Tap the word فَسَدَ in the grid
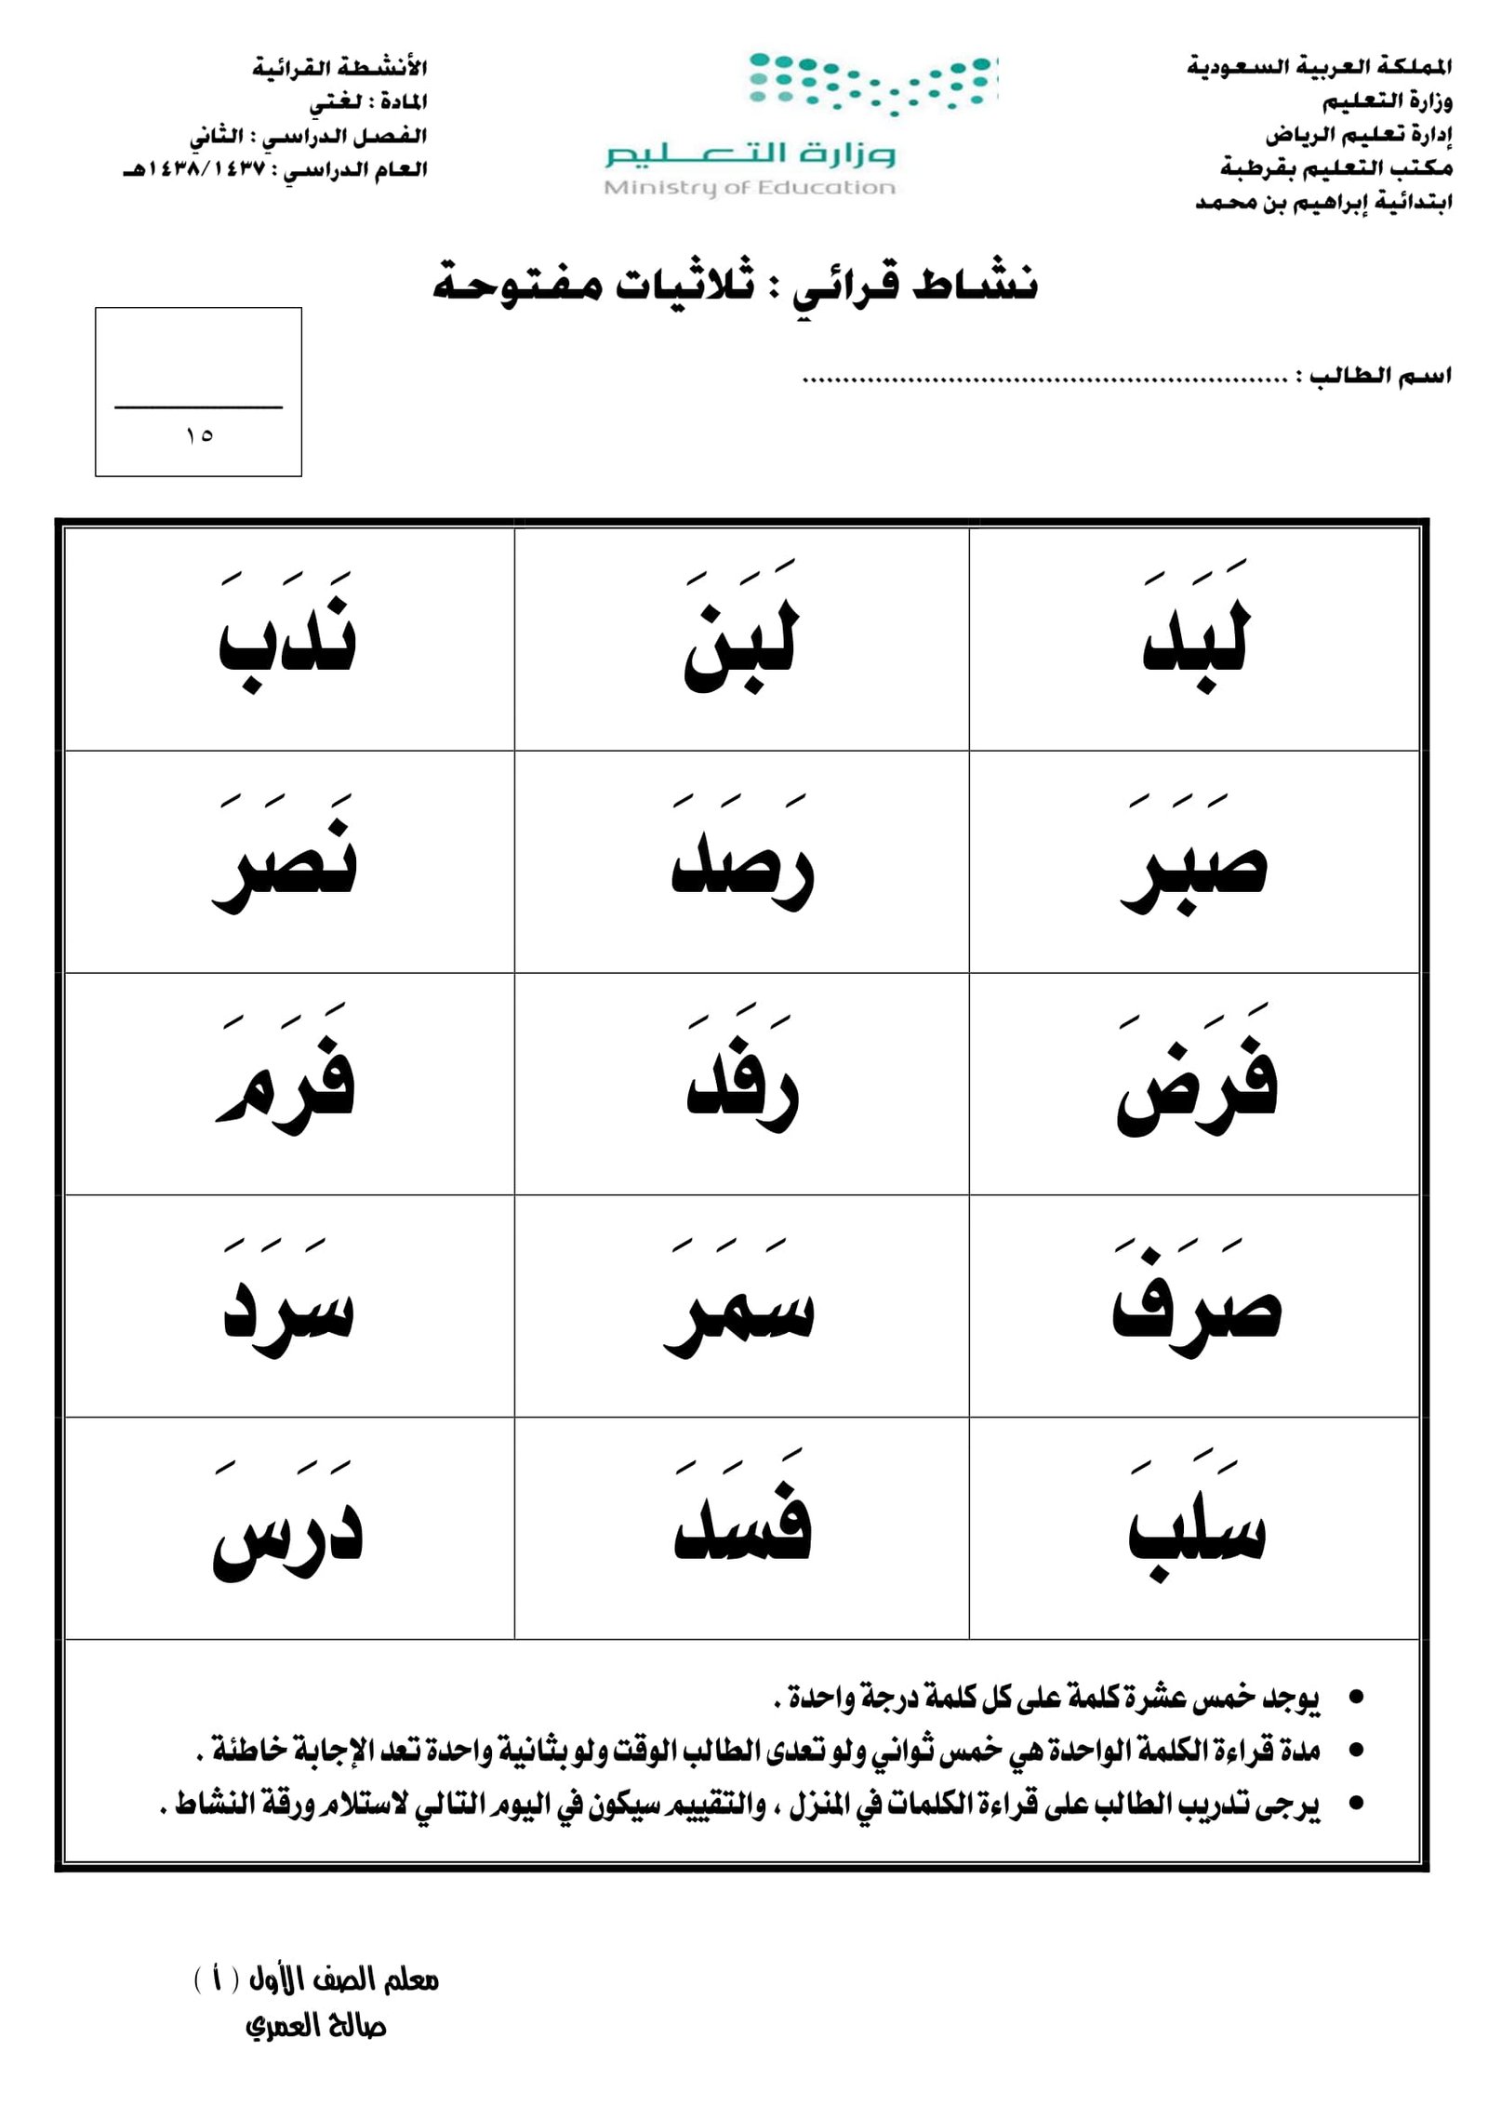point(742,1530)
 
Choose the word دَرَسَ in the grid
point(287,1535)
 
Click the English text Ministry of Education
point(750,188)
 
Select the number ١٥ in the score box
point(198,435)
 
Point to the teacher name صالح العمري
point(315,2025)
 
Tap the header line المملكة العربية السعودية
point(1319,67)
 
